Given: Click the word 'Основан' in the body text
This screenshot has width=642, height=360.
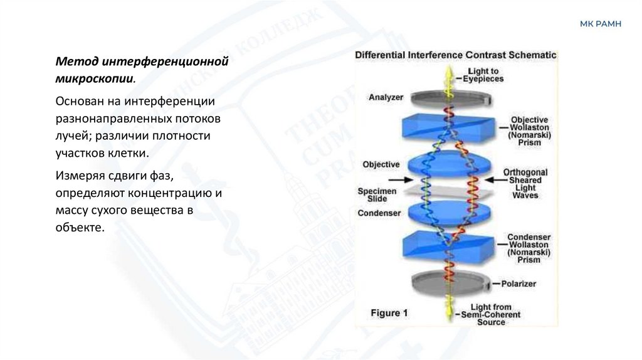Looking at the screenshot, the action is pos(76,100).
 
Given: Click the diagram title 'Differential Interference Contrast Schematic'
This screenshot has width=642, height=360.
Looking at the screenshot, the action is pos(456,55).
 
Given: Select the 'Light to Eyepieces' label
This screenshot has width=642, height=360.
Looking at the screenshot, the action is pos(483,75).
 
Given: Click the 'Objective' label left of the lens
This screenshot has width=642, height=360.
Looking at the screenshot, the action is pos(381,164).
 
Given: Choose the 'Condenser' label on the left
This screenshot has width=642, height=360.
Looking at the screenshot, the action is pos(379,213).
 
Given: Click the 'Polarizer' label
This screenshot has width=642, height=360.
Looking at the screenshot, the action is pos(518,283).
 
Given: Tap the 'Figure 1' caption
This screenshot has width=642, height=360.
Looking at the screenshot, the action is pos(389,312).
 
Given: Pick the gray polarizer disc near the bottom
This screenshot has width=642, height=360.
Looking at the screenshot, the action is pos(450,283).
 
